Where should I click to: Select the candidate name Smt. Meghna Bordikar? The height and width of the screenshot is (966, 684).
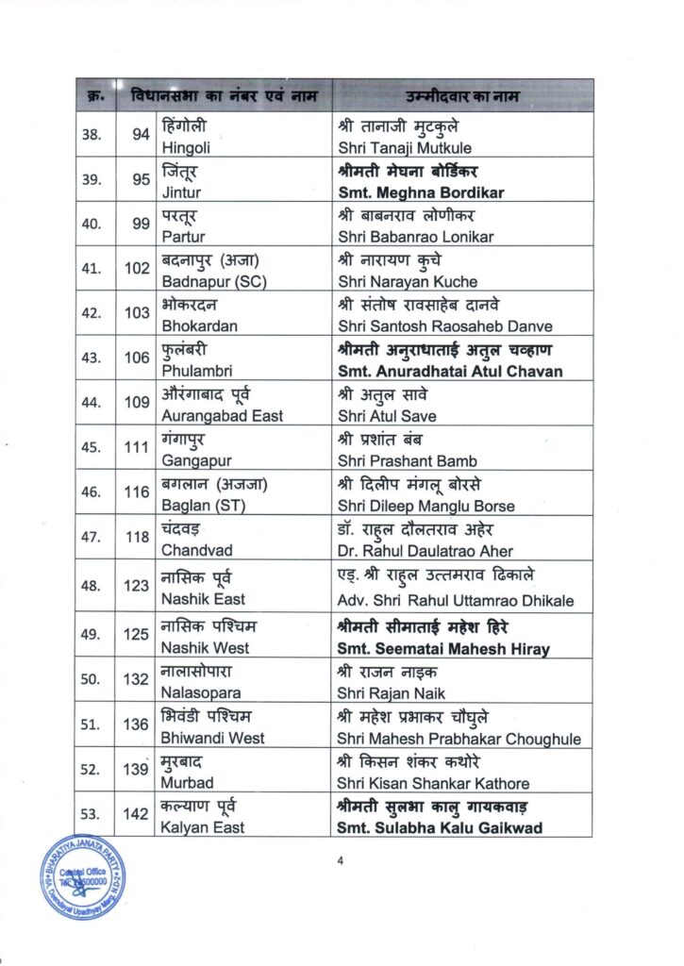[420, 192]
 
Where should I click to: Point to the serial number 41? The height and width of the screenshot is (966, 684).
[92, 269]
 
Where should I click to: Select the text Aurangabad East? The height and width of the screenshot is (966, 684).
[222, 416]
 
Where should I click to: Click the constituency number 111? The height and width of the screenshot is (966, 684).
[138, 447]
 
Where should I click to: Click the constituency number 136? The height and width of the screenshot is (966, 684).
[138, 724]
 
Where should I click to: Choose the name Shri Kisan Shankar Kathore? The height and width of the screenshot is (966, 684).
[433, 783]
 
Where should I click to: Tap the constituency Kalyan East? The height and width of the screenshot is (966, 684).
[203, 827]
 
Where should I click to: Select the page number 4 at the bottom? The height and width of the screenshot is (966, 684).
[341, 859]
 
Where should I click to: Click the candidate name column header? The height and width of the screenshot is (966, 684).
[462, 96]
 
